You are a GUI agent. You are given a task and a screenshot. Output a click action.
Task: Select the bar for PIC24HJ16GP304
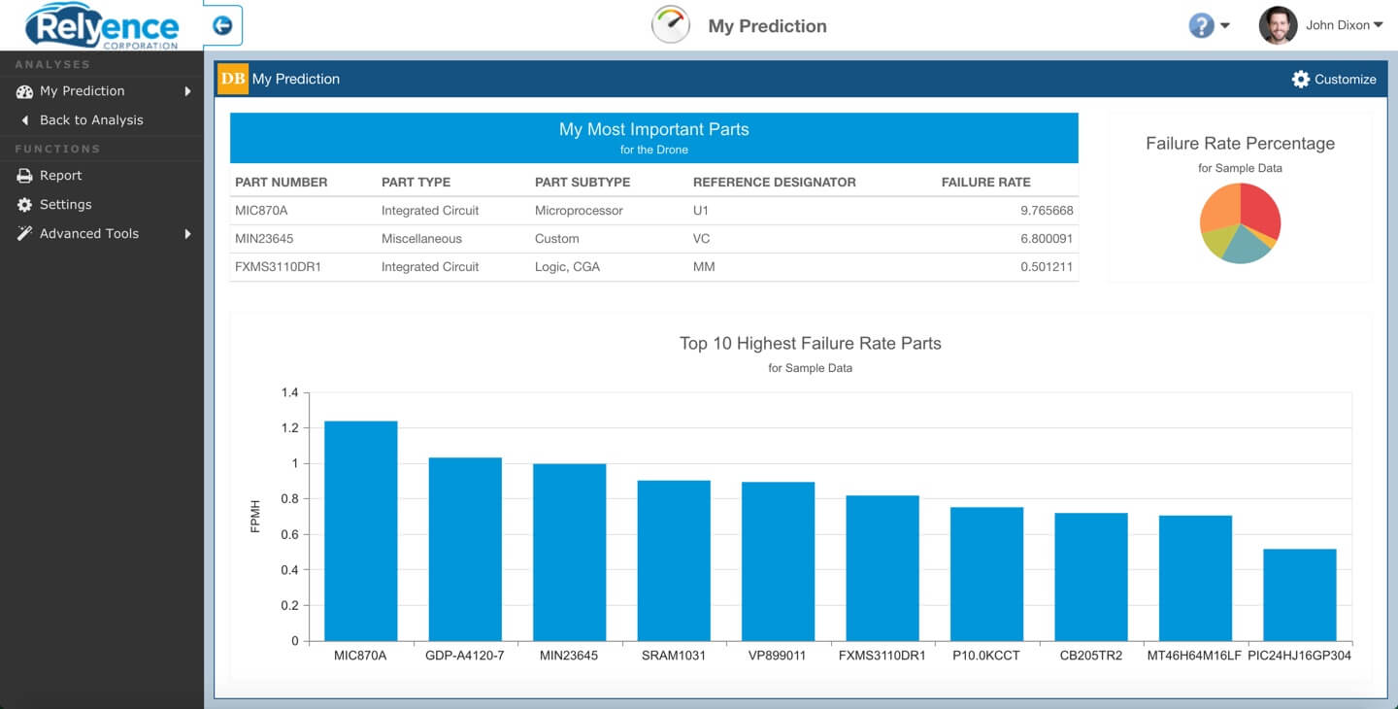(x=1299, y=594)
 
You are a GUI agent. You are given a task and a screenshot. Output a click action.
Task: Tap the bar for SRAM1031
(x=674, y=560)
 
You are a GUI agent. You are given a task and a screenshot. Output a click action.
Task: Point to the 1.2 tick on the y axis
(x=289, y=428)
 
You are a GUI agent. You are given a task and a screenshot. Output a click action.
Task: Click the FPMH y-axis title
(x=256, y=517)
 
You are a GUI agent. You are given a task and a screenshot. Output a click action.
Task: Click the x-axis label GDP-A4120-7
(x=465, y=656)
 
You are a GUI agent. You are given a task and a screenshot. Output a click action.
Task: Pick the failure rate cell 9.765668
(x=1047, y=211)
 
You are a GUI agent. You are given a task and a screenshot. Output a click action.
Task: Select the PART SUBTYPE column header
(x=582, y=183)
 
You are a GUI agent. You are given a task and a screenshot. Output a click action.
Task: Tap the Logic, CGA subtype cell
(x=567, y=267)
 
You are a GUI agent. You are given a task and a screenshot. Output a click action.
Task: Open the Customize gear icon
(x=1301, y=80)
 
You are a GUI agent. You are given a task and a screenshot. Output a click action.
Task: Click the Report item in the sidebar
(x=60, y=176)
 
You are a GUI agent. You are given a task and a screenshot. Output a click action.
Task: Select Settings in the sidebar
(x=65, y=205)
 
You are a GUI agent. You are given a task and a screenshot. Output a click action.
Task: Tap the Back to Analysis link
(x=90, y=120)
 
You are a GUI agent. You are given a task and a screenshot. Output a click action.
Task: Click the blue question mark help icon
(x=1201, y=26)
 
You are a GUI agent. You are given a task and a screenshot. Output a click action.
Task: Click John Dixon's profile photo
(x=1278, y=26)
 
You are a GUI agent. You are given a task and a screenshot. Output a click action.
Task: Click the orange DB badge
(x=233, y=80)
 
